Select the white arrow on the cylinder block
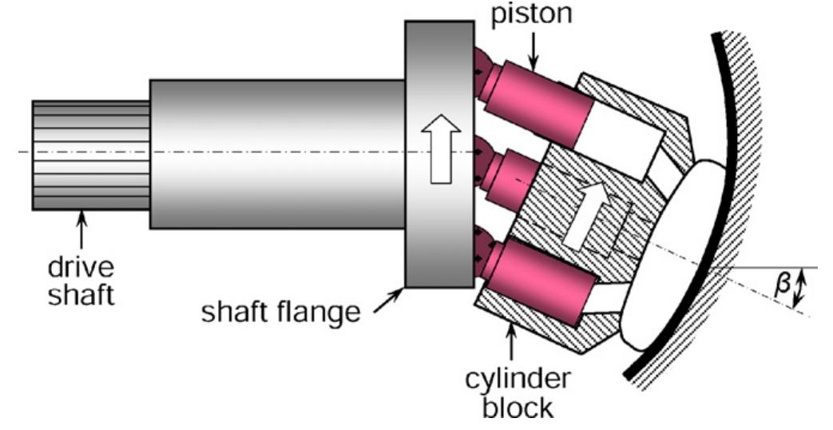(586, 213)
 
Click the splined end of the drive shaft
(91, 155)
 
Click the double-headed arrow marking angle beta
(802, 288)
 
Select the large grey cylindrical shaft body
(276, 153)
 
